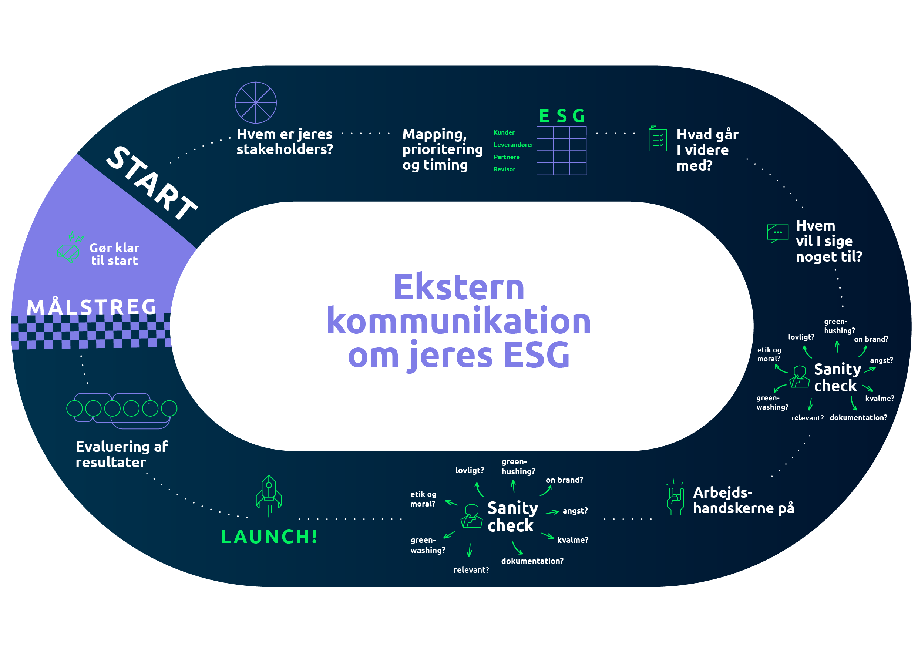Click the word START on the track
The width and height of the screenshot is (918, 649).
click(152, 183)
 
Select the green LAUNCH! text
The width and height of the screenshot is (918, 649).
click(269, 537)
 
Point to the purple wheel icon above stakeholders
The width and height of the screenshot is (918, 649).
click(255, 103)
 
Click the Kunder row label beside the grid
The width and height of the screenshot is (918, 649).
click(504, 133)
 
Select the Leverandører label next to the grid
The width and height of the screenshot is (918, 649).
click(513, 145)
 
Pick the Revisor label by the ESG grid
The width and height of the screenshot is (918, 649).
click(504, 169)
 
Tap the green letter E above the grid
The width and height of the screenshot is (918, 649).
click(544, 116)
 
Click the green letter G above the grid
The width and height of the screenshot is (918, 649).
click(579, 116)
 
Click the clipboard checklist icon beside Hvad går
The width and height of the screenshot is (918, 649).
click(657, 139)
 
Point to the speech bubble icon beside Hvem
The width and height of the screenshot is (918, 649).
click(778, 233)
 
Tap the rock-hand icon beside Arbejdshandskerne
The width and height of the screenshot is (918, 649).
click(675, 497)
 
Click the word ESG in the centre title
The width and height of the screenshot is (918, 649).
click(536, 355)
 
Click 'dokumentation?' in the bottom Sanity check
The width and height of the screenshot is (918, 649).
click(532, 561)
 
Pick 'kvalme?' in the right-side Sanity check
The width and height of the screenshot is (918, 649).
click(880, 398)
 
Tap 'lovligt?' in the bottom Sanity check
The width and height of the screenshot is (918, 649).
click(470, 471)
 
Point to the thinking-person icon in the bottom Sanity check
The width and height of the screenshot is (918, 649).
click(472, 516)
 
